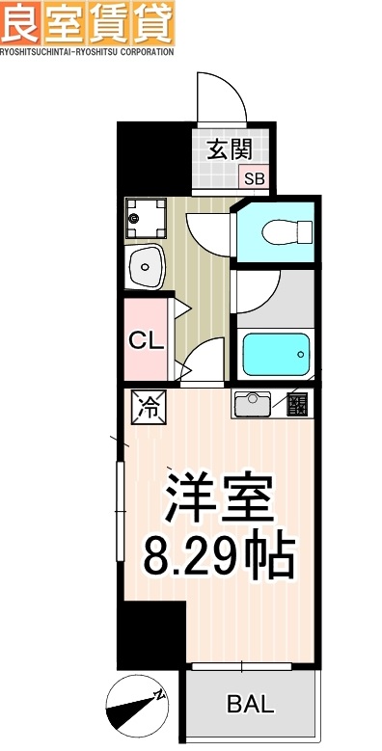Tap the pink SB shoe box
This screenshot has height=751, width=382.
(x=254, y=178)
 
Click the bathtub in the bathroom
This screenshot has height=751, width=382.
(x=278, y=356)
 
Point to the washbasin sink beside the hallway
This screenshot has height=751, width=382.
(x=146, y=265)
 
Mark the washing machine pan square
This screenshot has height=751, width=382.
(x=145, y=217)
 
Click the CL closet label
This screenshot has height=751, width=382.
(x=145, y=341)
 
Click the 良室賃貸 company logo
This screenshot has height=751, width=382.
(x=87, y=23)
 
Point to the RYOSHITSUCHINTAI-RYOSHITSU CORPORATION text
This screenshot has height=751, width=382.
(x=87, y=52)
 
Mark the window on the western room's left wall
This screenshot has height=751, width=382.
(x=121, y=511)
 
